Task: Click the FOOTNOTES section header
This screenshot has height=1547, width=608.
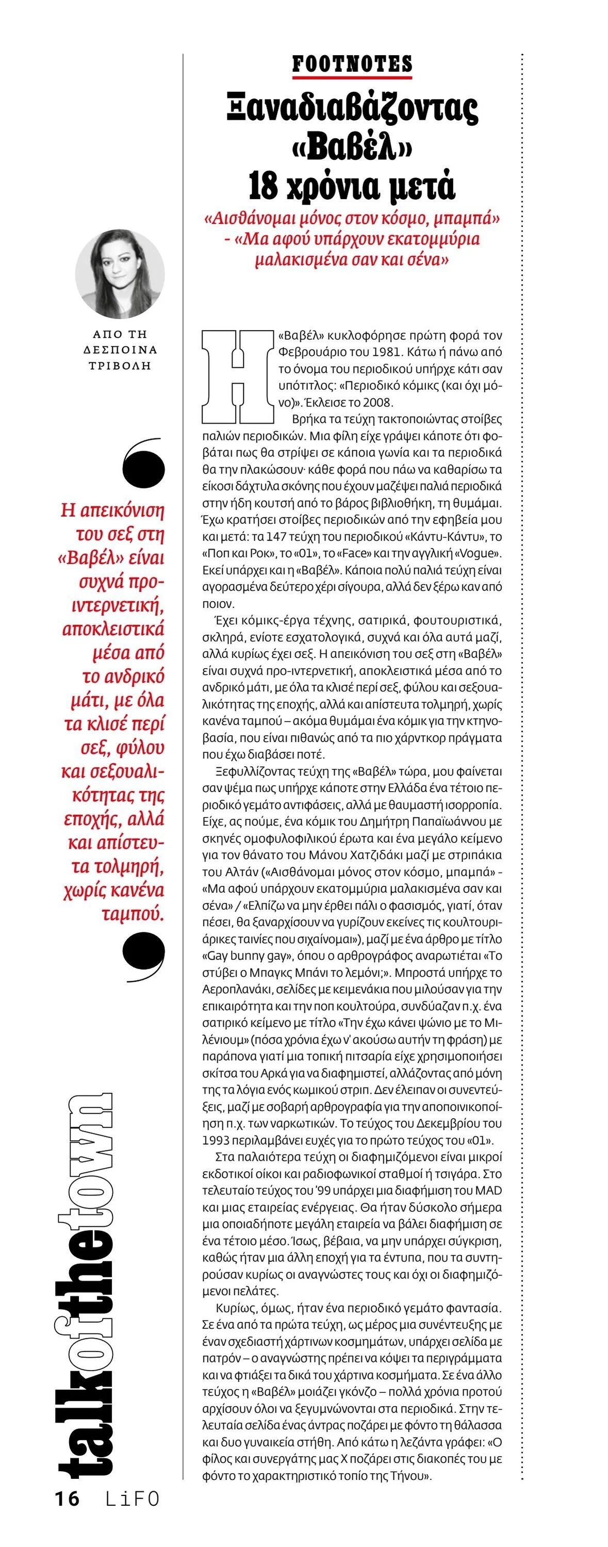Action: pyautogui.click(x=352, y=63)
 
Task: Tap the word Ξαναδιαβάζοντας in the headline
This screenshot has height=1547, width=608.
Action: pyautogui.click(x=352, y=110)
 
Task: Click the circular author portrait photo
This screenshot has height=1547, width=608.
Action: pyautogui.click(x=120, y=274)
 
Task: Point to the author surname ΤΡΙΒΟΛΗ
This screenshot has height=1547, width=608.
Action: pyautogui.click(x=120, y=366)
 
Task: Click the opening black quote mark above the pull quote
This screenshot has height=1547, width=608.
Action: pyautogui.click(x=143, y=463)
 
